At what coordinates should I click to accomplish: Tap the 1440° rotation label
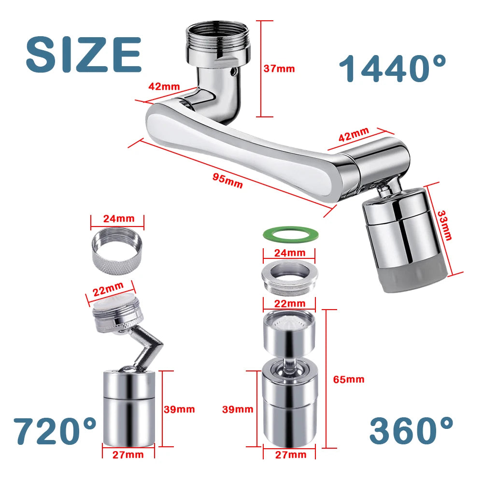392,68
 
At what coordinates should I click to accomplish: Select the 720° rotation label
55,430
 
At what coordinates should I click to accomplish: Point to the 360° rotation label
412,430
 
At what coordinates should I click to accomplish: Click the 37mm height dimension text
279,69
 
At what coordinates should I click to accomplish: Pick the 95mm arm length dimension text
227,181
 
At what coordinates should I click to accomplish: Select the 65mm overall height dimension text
349,379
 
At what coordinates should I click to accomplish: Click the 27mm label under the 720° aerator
128,454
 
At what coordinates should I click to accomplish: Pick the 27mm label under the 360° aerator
291,455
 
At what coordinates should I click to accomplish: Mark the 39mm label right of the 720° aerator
179,409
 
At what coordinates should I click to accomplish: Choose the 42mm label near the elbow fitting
164,87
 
